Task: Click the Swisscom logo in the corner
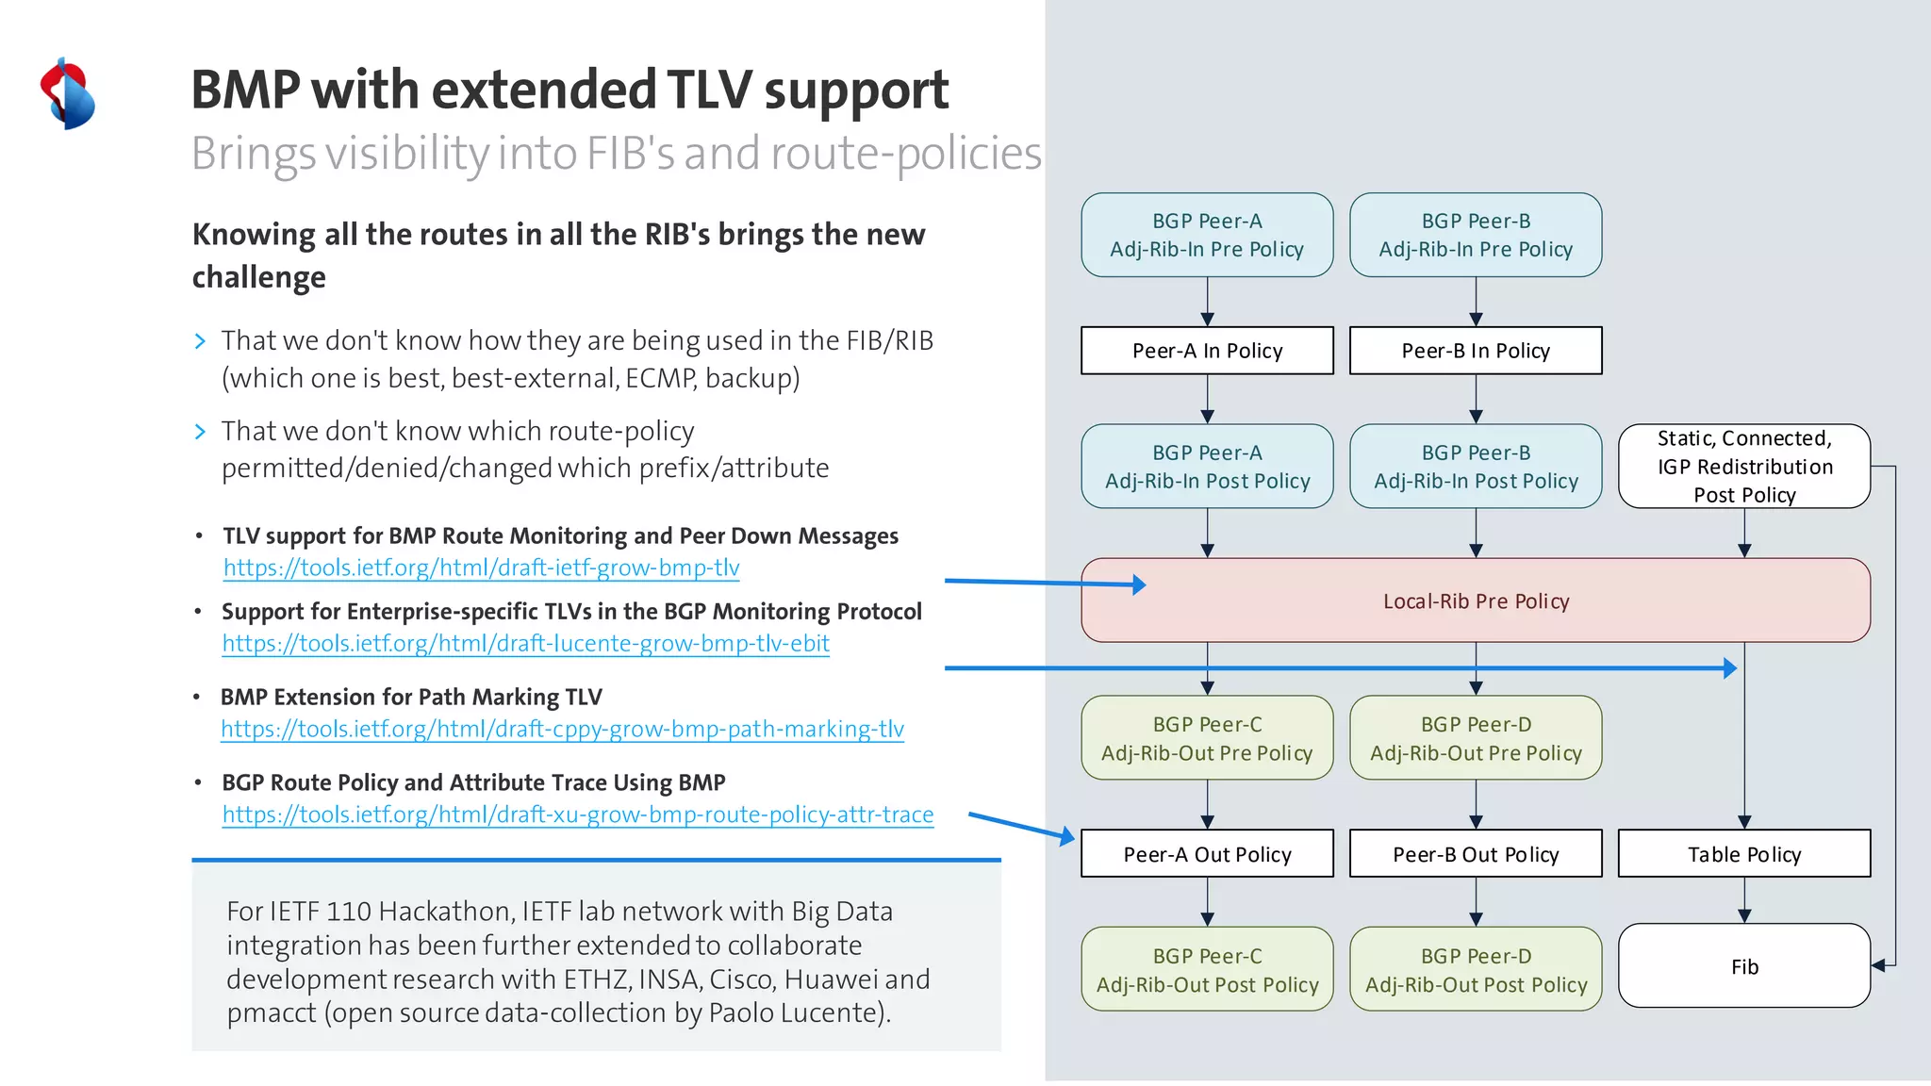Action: [67, 94]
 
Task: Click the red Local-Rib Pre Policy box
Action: [1475, 601]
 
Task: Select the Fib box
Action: [1743, 966]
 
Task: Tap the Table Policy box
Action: [1743, 854]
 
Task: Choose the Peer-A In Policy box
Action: [1207, 351]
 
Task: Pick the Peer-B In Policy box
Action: [1475, 351]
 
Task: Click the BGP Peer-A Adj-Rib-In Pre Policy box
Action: [1207, 235]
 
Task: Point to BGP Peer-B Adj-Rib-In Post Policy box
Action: [1475, 467]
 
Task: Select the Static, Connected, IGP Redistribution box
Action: [1743, 467]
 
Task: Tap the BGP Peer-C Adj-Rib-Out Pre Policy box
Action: [1207, 738]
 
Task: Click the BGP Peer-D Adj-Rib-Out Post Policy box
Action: [1475, 970]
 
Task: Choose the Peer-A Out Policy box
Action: [1207, 854]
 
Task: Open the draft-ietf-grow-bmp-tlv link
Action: [481, 568]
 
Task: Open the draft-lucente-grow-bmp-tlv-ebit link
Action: [525, 644]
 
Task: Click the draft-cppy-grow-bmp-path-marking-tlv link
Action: [562, 730]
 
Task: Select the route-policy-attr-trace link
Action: [577, 814]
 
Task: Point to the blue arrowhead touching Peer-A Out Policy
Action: [1067, 835]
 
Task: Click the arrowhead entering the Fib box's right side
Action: [1878, 965]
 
